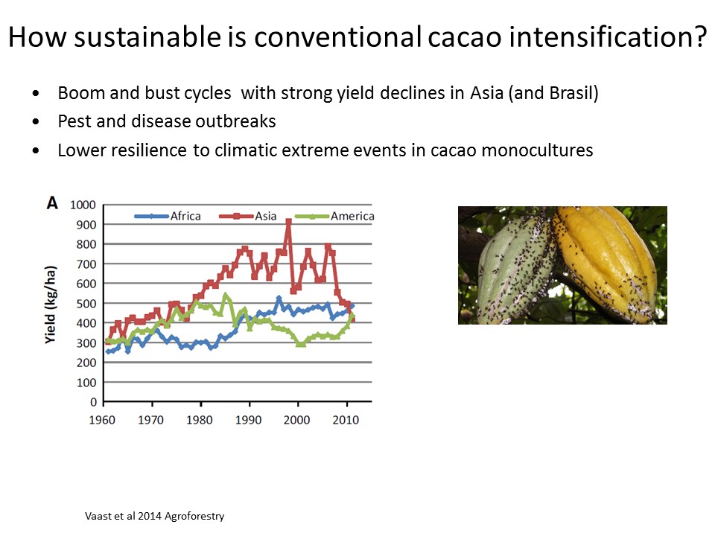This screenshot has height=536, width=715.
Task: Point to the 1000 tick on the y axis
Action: point(83,205)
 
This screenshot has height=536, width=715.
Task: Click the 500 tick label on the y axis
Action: point(86,304)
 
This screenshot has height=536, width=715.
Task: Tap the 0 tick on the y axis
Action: point(93,402)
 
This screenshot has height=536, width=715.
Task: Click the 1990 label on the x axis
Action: point(249,420)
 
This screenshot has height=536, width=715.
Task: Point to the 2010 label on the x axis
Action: point(346,420)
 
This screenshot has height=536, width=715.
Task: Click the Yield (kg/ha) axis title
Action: point(51,304)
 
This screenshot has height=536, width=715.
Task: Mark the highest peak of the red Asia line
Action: point(288,221)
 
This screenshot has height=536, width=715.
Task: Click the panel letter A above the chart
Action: point(52,202)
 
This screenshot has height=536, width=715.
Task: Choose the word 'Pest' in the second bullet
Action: point(74,122)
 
